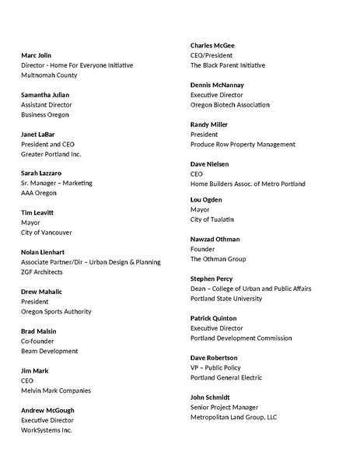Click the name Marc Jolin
37,55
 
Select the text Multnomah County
49,75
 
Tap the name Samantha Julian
47,95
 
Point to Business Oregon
45,115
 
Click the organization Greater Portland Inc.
51,155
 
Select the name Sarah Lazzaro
41,173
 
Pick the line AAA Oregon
39,193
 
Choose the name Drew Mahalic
42,292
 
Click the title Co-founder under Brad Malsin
37,342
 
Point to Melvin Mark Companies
56,391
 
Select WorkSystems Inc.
47,430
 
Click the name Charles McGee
212,46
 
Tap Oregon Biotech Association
230,105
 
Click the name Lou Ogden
208,200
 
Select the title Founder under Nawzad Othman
203,249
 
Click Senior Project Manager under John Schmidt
225,407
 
